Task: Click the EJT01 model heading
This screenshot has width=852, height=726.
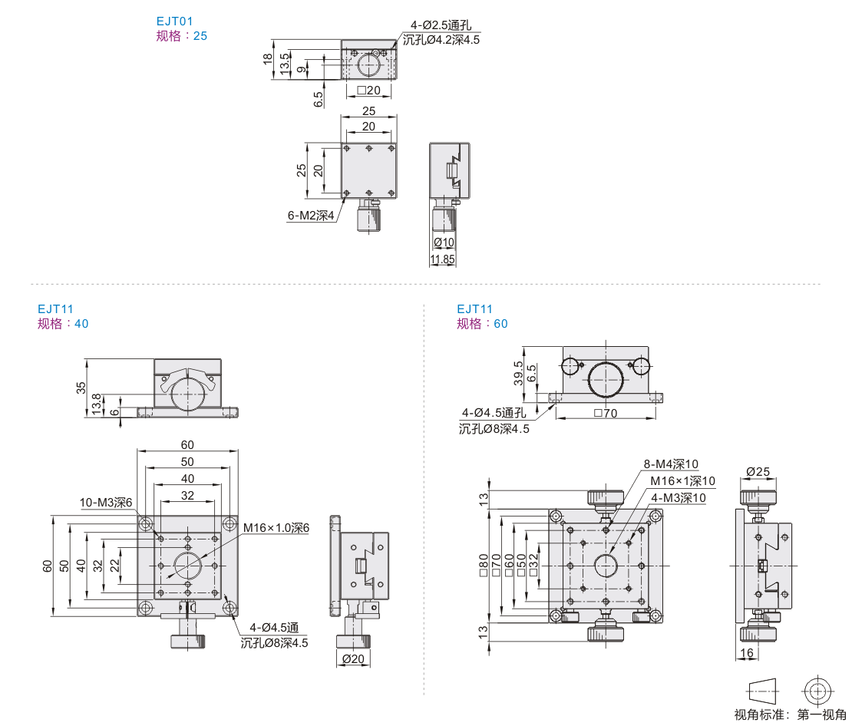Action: [x=174, y=21]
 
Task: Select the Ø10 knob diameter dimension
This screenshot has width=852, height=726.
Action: [x=444, y=243]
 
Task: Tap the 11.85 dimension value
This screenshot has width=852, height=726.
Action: [x=442, y=259]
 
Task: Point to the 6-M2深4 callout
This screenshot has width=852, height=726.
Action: [x=311, y=215]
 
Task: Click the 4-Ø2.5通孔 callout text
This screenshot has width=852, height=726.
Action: [x=441, y=25]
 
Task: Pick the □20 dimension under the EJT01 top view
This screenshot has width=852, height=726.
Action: [x=369, y=91]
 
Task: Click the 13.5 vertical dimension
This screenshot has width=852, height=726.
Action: [x=285, y=64]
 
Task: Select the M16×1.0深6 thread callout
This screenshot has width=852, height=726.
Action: [x=276, y=528]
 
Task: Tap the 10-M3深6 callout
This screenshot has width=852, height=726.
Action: [x=106, y=502]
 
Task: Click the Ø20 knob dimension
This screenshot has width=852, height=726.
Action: [x=353, y=658]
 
